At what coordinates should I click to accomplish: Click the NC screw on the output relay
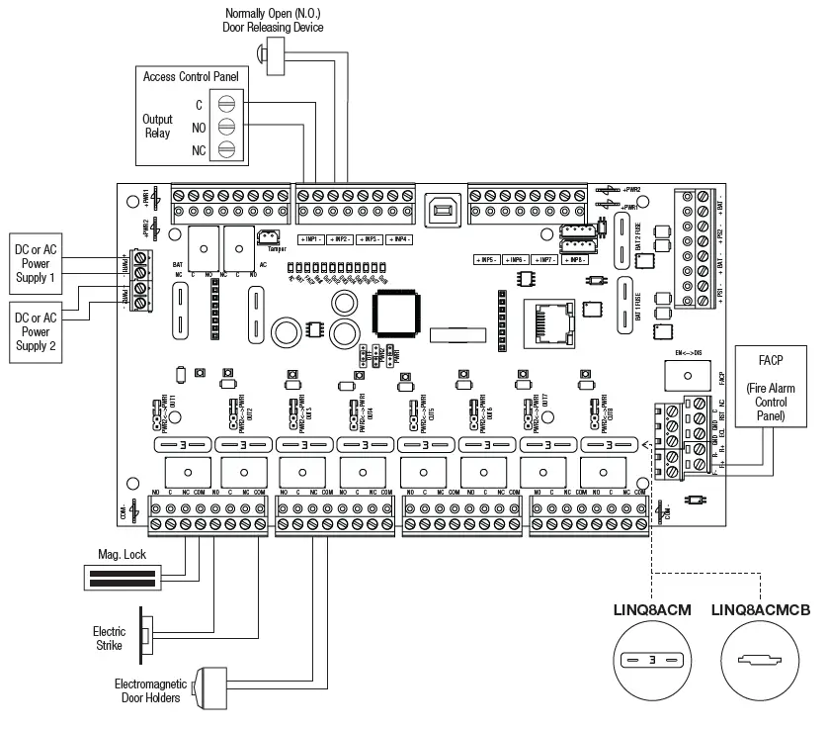tap(227, 149)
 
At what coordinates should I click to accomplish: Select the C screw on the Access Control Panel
tap(227, 105)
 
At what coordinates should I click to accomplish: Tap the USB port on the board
tap(441, 211)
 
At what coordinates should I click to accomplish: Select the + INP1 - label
tap(311, 239)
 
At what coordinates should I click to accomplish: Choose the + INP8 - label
tap(574, 260)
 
